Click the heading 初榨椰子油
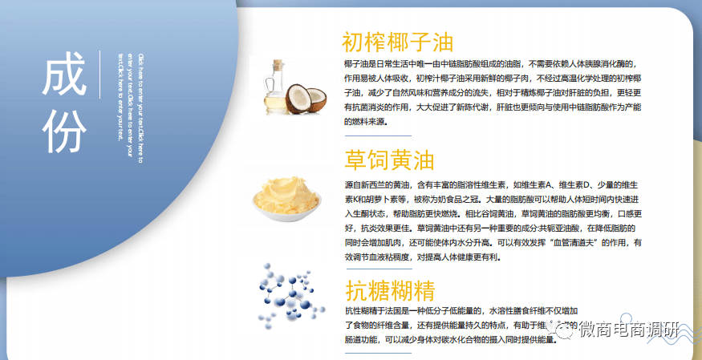coord(397,41)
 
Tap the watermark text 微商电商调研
coord(629,331)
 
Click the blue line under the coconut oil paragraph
coord(376,136)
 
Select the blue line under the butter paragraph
coord(376,271)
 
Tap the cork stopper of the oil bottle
coord(278,63)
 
